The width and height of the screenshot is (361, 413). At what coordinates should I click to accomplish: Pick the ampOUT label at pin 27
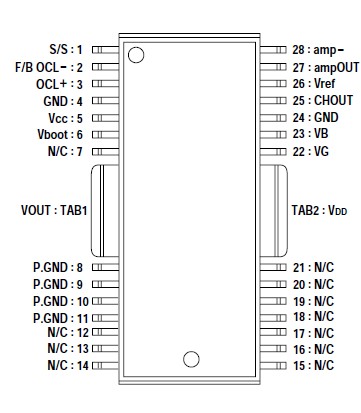[x=323, y=67]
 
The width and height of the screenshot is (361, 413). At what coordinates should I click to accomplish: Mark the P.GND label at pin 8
[x=49, y=267]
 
